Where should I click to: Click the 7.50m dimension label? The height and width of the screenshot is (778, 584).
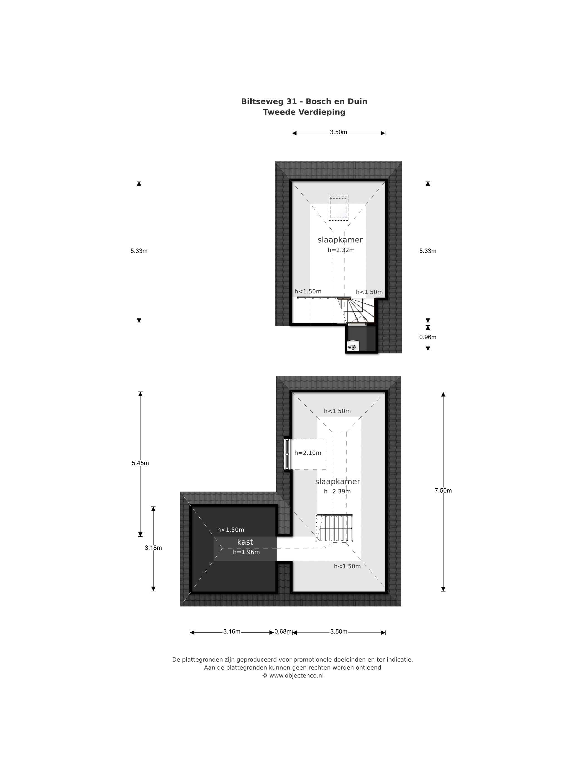(x=443, y=490)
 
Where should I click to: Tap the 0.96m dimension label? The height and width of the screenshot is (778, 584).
(x=427, y=337)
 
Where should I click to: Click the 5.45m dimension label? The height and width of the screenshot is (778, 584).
(x=140, y=463)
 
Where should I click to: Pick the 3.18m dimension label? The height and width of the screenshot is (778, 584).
(x=153, y=548)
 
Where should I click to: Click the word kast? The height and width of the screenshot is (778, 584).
(x=245, y=542)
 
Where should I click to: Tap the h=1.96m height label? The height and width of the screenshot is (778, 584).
(x=246, y=552)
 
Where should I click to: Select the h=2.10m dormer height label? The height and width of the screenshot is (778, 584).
(x=308, y=453)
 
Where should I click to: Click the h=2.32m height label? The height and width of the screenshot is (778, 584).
(x=341, y=250)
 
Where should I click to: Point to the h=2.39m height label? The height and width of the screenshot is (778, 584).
(x=337, y=491)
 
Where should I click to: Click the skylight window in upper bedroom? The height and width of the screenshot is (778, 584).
(x=338, y=208)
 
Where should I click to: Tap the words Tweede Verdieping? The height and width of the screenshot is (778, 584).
(x=304, y=112)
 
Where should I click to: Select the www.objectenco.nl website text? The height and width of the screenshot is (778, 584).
(x=296, y=675)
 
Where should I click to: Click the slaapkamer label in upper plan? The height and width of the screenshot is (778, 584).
(x=340, y=240)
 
